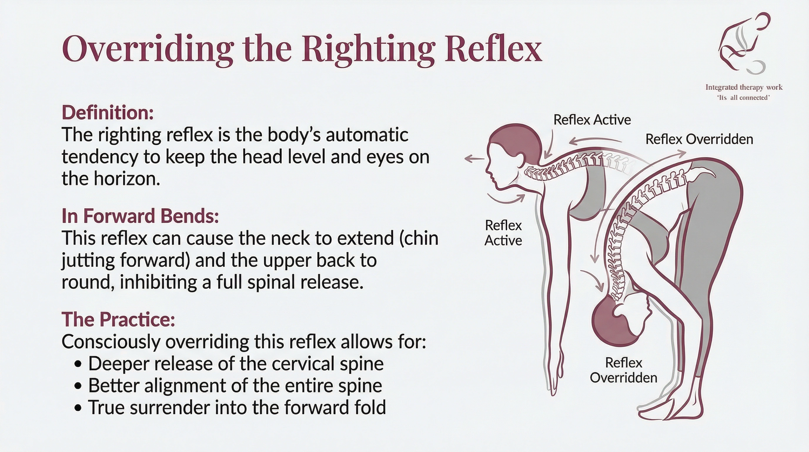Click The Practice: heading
tap(118, 319)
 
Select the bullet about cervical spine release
tap(235, 364)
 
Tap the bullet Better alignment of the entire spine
tap(235, 386)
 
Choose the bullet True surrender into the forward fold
tap(237, 407)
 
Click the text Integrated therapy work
tap(744, 87)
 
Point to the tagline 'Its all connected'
tap(743, 98)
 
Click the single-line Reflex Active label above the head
tap(592, 120)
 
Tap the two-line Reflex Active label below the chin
tap(503, 233)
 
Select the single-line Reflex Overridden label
tap(699, 139)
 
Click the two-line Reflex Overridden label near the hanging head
tap(624, 370)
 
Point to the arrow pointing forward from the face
tap(474, 159)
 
